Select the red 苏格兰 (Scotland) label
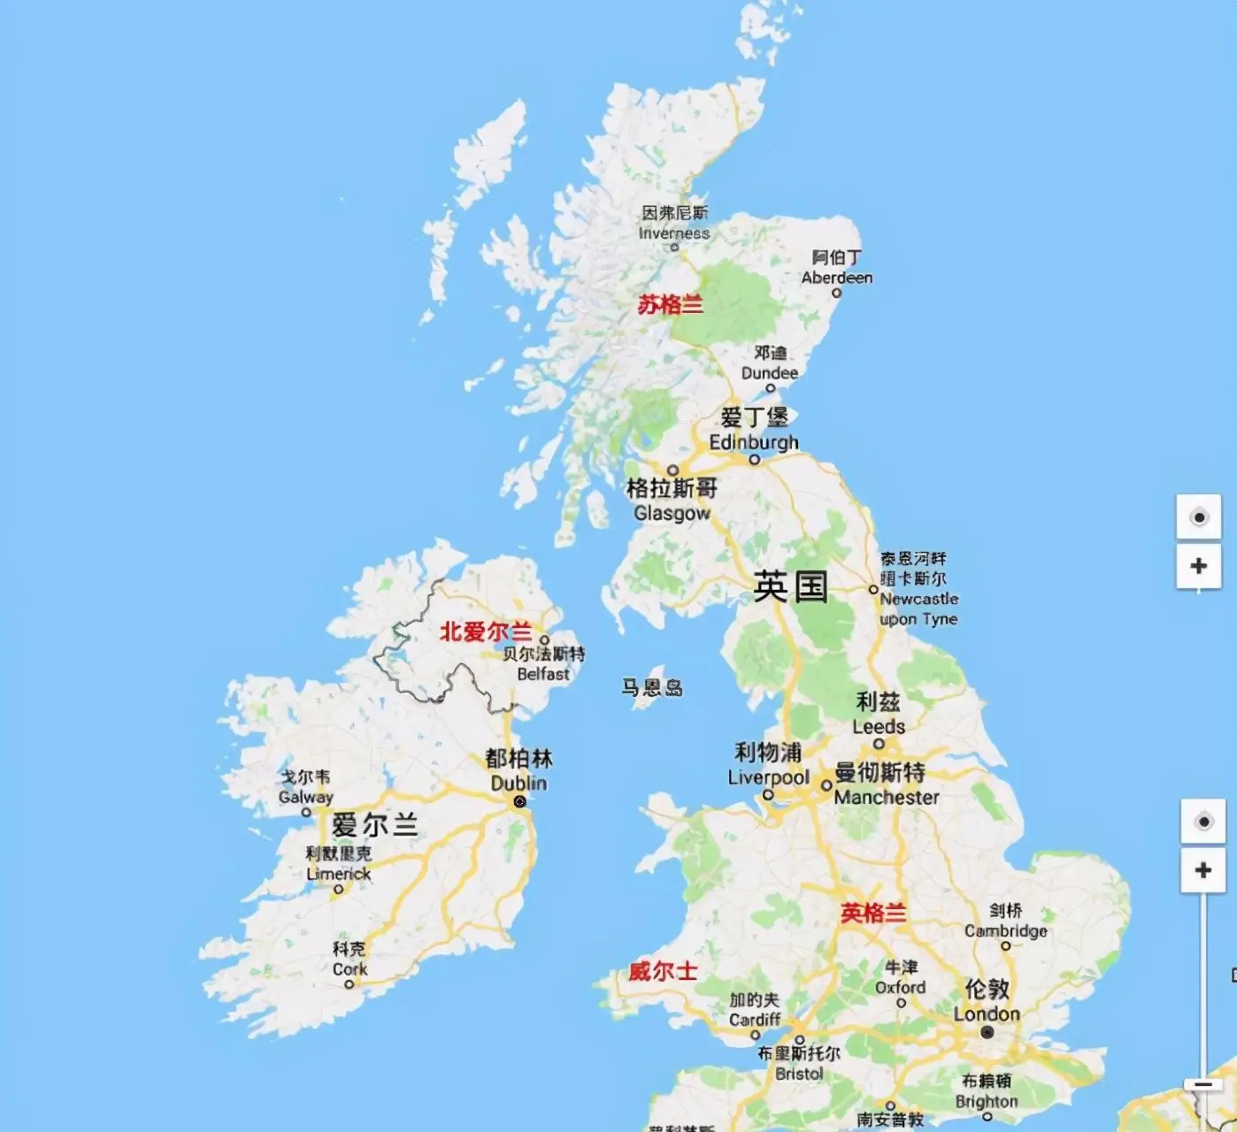point(670,305)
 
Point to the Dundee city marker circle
point(770,388)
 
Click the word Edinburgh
point(754,441)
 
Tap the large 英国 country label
point(790,586)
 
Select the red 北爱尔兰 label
point(486,631)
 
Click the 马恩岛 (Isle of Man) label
point(652,687)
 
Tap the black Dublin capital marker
point(519,801)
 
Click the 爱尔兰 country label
point(374,825)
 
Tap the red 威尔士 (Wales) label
point(663,971)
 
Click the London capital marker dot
point(987,1032)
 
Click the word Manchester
point(887,797)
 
